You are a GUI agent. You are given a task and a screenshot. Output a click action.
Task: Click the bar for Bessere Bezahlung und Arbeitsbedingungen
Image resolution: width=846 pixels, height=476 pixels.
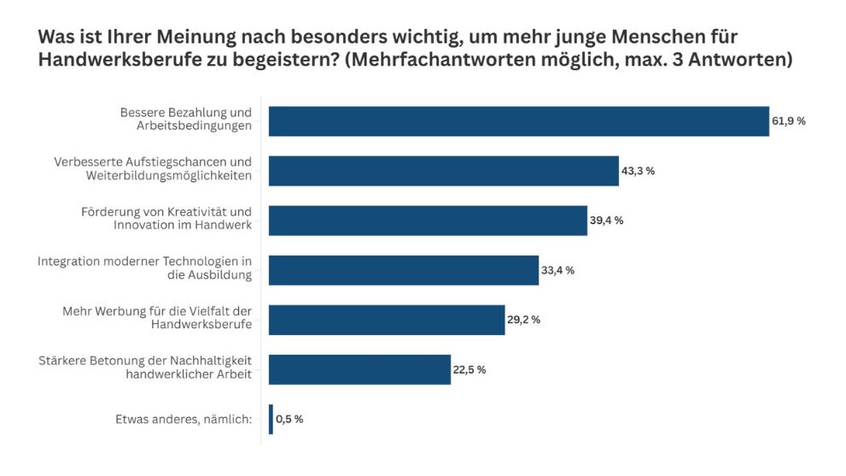click(519, 121)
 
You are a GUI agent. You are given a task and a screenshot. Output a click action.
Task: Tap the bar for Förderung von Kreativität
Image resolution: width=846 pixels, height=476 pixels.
click(428, 220)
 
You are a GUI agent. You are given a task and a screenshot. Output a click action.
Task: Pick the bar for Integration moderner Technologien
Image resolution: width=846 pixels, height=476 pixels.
click(403, 270)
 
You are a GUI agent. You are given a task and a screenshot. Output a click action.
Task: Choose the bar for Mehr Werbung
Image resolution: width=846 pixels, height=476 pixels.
click(386, 320)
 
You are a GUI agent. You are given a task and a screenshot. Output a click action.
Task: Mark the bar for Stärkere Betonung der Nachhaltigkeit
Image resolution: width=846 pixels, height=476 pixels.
click(359, 369)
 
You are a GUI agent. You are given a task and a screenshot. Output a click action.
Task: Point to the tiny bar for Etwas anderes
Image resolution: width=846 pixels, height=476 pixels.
click(271, 419)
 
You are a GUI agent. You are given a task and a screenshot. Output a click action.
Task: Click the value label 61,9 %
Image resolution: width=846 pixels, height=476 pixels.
click(789, 121)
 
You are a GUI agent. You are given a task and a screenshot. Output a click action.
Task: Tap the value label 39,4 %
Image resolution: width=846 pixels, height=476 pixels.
click(606, 220)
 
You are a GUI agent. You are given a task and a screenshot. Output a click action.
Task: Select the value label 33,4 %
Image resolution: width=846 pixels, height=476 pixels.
click(557, 270)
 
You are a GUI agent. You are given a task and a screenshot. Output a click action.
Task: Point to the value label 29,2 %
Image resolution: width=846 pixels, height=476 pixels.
click(523, 320)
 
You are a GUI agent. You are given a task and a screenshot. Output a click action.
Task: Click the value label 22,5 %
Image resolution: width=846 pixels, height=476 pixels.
click(469, 369)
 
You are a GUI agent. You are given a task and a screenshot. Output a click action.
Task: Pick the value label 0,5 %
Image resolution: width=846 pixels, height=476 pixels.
click(289, 419)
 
